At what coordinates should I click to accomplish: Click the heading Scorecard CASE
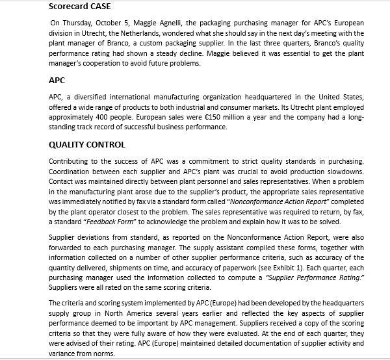pos(80,7)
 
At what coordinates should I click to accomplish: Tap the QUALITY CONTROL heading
pos(87,144)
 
